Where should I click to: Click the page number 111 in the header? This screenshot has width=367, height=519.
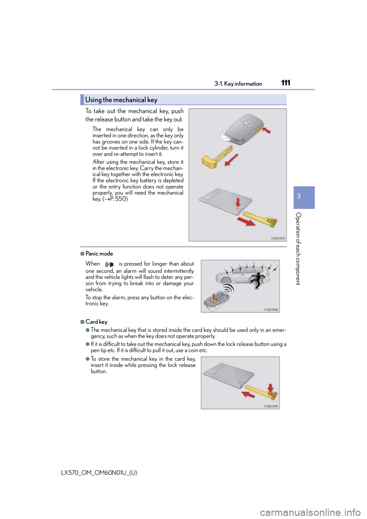click(286, 83)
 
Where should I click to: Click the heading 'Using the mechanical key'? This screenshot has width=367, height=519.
click(121, 100)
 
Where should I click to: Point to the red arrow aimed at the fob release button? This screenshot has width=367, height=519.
click(267, 130)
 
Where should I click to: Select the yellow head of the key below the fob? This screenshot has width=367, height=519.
click(208, 161)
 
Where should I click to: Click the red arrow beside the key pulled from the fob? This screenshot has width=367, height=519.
click(231, 160)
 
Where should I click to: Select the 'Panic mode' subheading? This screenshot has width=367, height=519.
click(99, 253)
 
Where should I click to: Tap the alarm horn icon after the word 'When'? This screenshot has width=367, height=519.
click(109, 264)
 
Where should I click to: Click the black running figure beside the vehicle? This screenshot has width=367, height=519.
click(257, 281)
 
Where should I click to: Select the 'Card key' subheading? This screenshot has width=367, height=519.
click(96, 322)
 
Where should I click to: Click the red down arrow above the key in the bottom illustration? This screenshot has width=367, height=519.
click(270, 389)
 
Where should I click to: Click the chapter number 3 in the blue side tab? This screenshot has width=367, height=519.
click(299, 196)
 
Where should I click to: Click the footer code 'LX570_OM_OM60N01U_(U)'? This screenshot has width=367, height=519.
click(99, 473)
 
